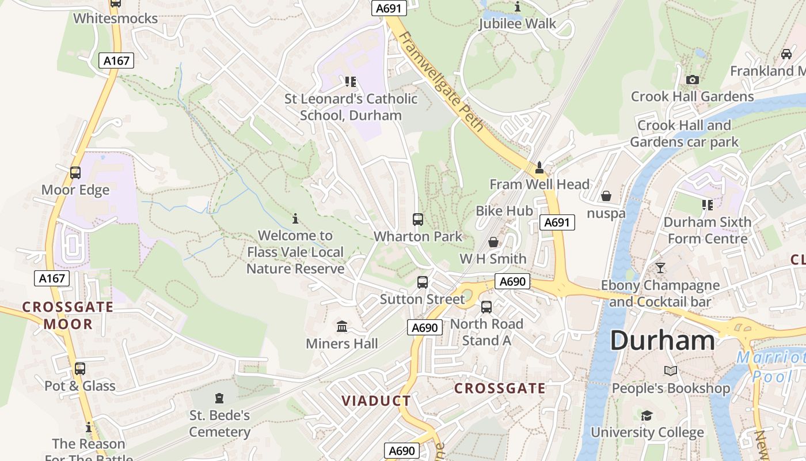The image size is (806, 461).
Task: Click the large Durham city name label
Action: (662, 340)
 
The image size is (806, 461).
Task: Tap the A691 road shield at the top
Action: (389, 8)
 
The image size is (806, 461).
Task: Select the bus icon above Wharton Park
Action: (418, 220)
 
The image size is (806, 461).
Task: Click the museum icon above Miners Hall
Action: (342, 327)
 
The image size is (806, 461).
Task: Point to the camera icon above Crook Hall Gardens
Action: (693, 80)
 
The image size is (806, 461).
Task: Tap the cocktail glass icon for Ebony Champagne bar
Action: (660, 268)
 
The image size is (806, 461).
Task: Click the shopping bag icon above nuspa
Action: (606, 197)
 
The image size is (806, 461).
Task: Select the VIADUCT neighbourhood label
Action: (377, 401)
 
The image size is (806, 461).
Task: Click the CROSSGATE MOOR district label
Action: (68, 315)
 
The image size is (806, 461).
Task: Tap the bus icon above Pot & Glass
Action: (80, 369)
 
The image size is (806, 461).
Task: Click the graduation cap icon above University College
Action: (647, 415)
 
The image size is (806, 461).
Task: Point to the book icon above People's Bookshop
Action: (671, 371)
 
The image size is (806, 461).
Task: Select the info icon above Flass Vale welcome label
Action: (295, 219)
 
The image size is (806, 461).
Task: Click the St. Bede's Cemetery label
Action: (219, 424)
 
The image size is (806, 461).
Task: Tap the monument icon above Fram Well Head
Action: (539, 168)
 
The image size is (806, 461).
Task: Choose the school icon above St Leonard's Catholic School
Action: (351, 82)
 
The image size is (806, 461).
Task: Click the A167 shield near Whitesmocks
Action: (116, 61)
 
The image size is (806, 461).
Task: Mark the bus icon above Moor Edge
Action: (75, 173)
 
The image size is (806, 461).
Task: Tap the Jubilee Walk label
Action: (518, 24)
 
